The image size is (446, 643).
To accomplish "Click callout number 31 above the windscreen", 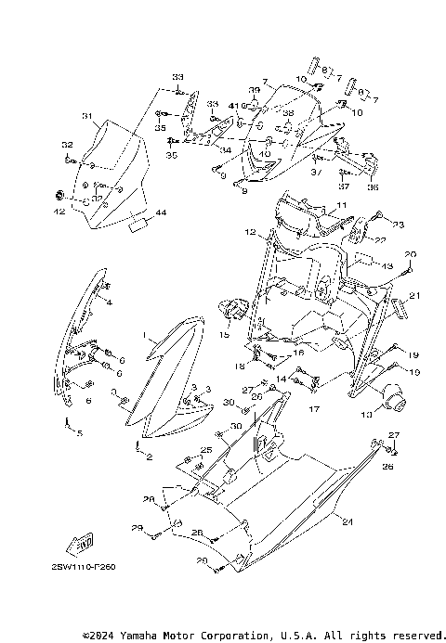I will tap(86, 117).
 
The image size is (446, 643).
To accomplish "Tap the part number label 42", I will tap(59, 212).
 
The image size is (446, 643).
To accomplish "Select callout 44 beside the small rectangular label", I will tap(161, 212).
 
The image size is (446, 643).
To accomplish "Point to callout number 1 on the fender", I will tap(145, 333).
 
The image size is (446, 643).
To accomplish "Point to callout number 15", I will tap(224, 334).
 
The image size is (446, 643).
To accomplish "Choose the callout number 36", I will tap(374, 186).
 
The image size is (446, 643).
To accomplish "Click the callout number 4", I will tap(109, 302).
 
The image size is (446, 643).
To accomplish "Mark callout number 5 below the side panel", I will tap(79, 433).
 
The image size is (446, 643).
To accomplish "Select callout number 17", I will tap(314, 408).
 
